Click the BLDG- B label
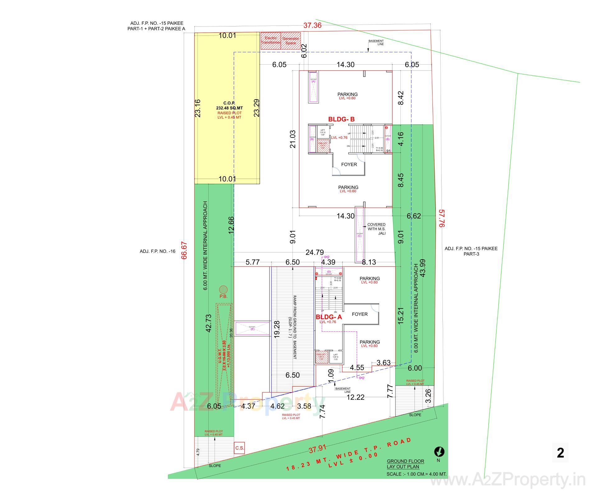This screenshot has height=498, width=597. (341, 119)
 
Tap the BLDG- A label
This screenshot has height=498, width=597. (329, 317)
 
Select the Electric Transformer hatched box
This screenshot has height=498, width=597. (271, 41)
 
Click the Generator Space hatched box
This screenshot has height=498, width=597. (291, 41)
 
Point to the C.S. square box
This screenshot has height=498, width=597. (239, 448)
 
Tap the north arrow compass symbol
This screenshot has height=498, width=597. (439, 451)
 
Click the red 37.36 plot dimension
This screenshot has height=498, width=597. (312, 26)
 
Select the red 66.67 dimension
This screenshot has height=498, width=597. (184, 250)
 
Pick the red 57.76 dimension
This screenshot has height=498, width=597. (442, 218)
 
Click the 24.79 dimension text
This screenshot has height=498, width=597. (314, 252)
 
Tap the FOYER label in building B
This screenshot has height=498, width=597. (349, 164)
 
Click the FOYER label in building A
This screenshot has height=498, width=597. (359, 314)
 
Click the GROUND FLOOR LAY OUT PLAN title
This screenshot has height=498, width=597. (405, 464)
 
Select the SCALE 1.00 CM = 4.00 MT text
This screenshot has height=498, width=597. (416, 474)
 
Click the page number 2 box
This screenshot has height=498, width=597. (560, 453)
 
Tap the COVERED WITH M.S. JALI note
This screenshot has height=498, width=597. (376, 229)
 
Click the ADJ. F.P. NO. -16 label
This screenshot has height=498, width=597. (157, 251)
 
